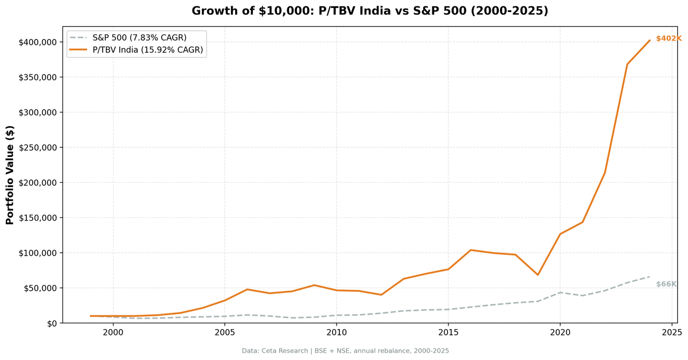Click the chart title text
tap(370, 11)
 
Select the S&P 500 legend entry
tap(139, 38)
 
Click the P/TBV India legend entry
tap(147, 50)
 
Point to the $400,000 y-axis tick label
tap(37, 42)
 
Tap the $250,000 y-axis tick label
tap(37, 147)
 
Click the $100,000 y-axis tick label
tap(37, 253)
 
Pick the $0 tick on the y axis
tap(52, 323)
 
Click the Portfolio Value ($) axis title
tap(10, 175)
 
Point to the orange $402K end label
tap(669, 38)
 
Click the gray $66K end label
tap(666, 284)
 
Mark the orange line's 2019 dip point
tap(538, 275)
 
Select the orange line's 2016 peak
tap(471, 250)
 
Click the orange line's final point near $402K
tap(650, 40)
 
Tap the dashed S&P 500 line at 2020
tap(560, 292)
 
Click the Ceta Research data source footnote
tap(345, 351)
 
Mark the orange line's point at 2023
tap(627, 64)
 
